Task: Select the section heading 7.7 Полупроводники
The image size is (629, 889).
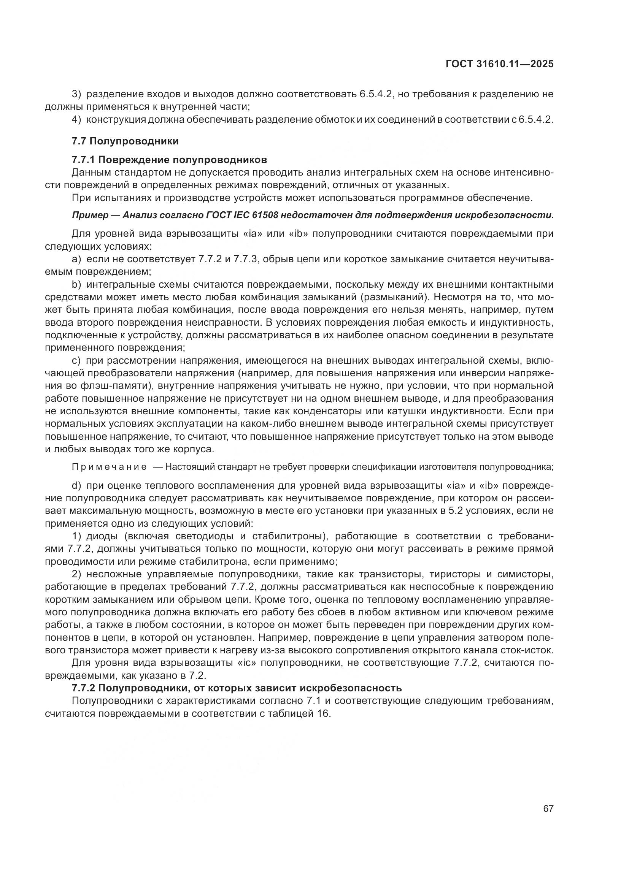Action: click(125, 141)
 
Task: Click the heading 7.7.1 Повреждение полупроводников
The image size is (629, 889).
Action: click(169, 160)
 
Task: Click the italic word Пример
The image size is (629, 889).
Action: click(90, 215)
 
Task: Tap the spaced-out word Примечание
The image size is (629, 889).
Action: click(109, 467)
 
